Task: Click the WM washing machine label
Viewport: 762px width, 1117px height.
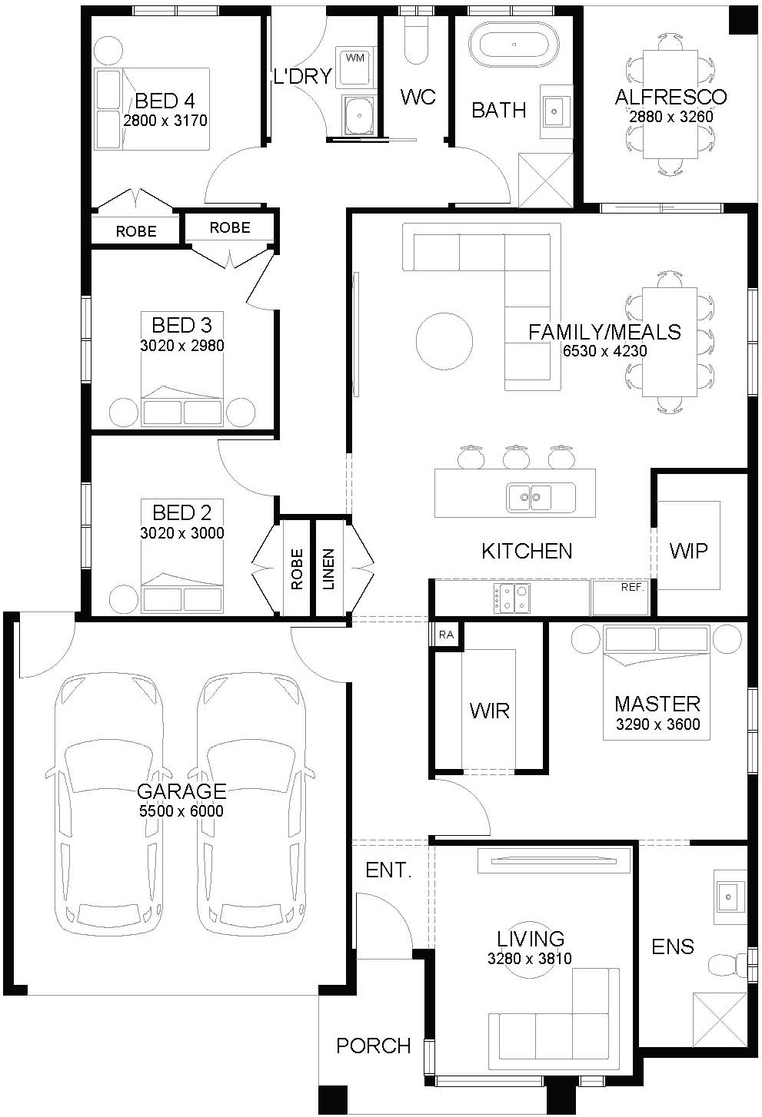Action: pyautogui.click(x=354, y=58)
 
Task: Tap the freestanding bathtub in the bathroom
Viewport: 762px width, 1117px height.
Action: pyautogui.click(x=514, y=45)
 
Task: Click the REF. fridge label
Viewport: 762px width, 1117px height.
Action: pyautogui.click(x=632, y=588)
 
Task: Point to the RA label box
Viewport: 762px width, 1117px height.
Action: pyautogui.click(x=446, y=635)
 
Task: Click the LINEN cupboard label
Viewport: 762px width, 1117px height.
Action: pyautogui.click(x=328, y=569)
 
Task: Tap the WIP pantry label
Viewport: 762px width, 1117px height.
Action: pyautogui.click(x=688, y=551)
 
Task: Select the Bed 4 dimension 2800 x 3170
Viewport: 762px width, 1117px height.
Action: pyautogui.click(x=165, y=121)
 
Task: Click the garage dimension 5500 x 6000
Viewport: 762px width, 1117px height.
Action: pyautogui.click(x=181, y=810)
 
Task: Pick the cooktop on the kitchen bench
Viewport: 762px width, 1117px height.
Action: pyautogui.click(x=512, y=598)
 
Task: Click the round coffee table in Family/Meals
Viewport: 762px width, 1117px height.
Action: pyautogui.click(x=444, y=341)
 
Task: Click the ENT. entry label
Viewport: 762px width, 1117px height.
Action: pyautogui.click(x=388, y=870)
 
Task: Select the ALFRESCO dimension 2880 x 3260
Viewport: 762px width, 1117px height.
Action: pyautogui.click(x=671, y=117)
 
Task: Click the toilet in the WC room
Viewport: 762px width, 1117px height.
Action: pyautogui.click(x=416, y=44)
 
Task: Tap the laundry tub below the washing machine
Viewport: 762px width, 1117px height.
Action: pyautogui.click(x=359, y=116)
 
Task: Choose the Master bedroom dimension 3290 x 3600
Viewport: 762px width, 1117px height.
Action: pyautogui.click(x=657, y=724)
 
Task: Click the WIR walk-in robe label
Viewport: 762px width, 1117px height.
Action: pyautogui.click(x=490, y=711)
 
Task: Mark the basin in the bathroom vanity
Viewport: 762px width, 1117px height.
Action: pyautogui.click(x=554, y=111)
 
